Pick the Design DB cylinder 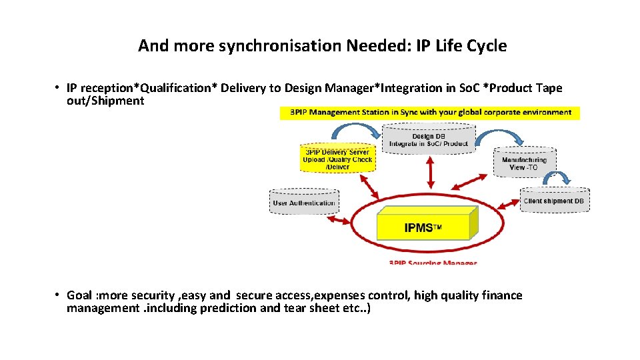coord(428,139)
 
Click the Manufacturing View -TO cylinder coord(524,163)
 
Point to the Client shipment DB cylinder coord(554,201)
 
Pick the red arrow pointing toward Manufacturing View coord(472,181)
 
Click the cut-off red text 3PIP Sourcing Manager coord(433,263)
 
